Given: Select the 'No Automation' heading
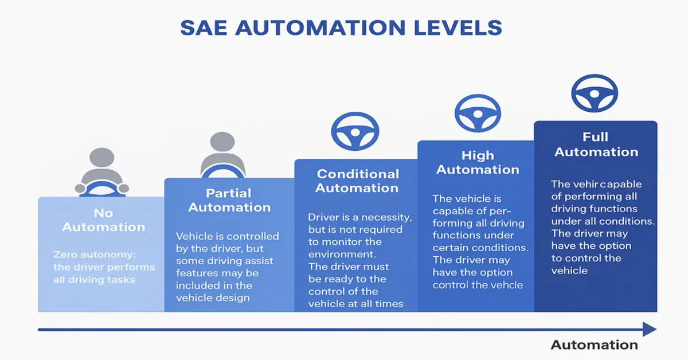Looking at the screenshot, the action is point(104,220).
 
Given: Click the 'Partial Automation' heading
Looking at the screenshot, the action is point(229,200).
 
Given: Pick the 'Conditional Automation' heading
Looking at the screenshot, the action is point(357,181).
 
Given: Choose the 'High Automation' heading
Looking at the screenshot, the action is point(478,162).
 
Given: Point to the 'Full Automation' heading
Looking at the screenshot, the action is point(596,144).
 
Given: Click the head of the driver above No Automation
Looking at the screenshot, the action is point(102,157).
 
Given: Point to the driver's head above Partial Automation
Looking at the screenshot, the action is point(222,142).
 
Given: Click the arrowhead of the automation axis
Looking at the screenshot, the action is point(650,329).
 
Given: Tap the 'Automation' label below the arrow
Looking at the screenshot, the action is point(595,345).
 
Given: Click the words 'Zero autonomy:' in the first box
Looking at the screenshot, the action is point(95,255).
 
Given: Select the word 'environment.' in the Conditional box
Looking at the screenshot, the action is point(342,255).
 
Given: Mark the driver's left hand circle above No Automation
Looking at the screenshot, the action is point(124,188).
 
